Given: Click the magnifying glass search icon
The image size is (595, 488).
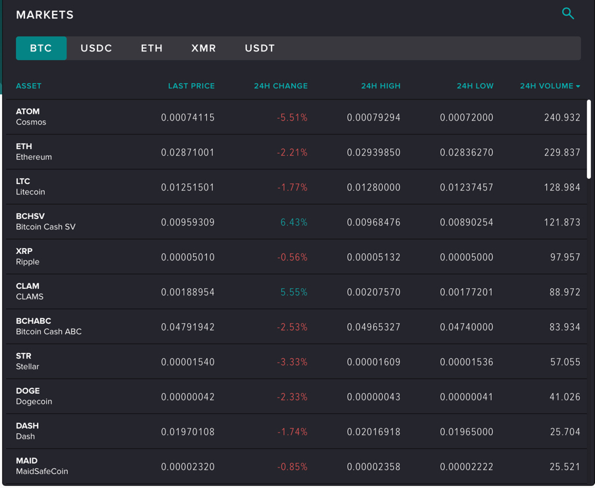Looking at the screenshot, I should [x=567, y=13].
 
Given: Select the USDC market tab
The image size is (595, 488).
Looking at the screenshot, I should [x=96, y=48].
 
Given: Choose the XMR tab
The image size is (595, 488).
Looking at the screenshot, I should [x=204, y=48].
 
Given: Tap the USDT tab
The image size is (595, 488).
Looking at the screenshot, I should [x=260, y=48].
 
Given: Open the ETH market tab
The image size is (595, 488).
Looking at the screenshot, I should [x=152, y=48].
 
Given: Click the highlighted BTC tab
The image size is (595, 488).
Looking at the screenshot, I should [x=41, y=48].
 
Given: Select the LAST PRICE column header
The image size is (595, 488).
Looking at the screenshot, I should [x=191, y=86].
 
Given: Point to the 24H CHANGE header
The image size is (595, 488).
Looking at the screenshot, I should [x=281, y=86].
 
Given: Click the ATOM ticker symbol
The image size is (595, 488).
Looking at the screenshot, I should [x=28, y=111].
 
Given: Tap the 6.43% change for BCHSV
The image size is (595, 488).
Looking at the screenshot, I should [x=294, y=222].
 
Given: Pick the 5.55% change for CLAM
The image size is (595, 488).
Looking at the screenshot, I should [x=294, y=292].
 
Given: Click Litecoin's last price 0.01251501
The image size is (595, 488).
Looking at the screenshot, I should [x=188, y=187].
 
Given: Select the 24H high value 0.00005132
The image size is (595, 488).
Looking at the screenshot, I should [x=374, y=257].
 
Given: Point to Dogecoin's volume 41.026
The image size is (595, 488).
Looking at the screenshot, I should [x=565, y=397].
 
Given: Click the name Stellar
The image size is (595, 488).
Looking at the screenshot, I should [x=28, y=367].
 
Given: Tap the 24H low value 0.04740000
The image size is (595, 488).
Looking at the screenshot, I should [x=467, y=327].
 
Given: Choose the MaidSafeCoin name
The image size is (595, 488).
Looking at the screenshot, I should [x=42, y=472].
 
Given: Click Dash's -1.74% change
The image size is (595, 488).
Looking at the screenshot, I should [x=293, y=432].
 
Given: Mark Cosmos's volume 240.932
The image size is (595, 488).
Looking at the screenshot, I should [x=562, y=117].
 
